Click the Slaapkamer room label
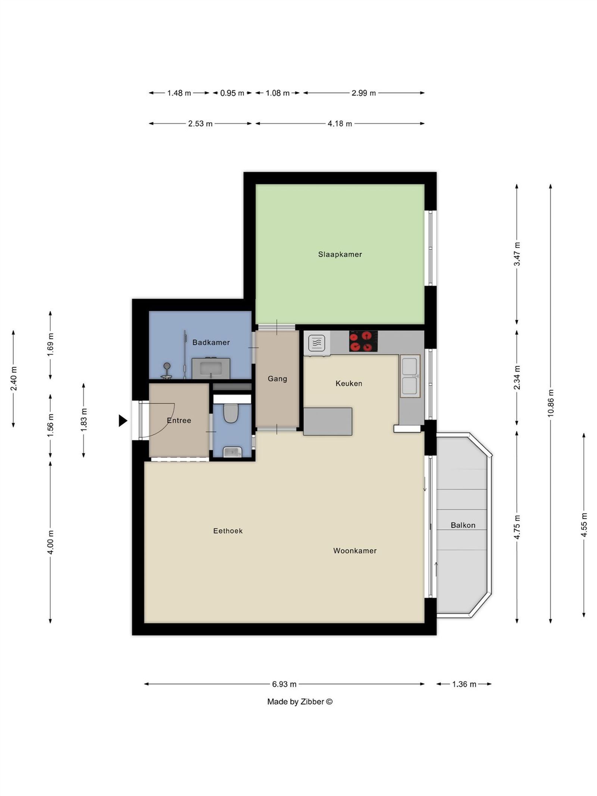[340, 254]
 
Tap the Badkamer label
[211, 342]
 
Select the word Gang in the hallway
[277, 378]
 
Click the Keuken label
[348, 383]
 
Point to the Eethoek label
[228, 531]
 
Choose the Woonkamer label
[354, 550]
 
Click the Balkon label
[463, 525]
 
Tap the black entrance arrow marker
[123, 421]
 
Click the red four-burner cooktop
[363, 341]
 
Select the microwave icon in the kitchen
[316, 342]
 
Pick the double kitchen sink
[410, 376]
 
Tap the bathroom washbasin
[211, 368]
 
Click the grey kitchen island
[327, 421]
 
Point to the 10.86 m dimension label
[551, 403]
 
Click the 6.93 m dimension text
[284, 684]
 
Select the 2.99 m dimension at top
[363, 93]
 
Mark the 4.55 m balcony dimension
[584, 525]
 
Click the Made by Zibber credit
[300, 702]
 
